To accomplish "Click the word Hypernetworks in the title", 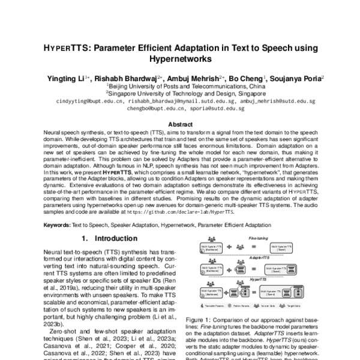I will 180,59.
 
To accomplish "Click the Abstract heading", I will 180,124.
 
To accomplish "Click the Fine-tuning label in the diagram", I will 258,238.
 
